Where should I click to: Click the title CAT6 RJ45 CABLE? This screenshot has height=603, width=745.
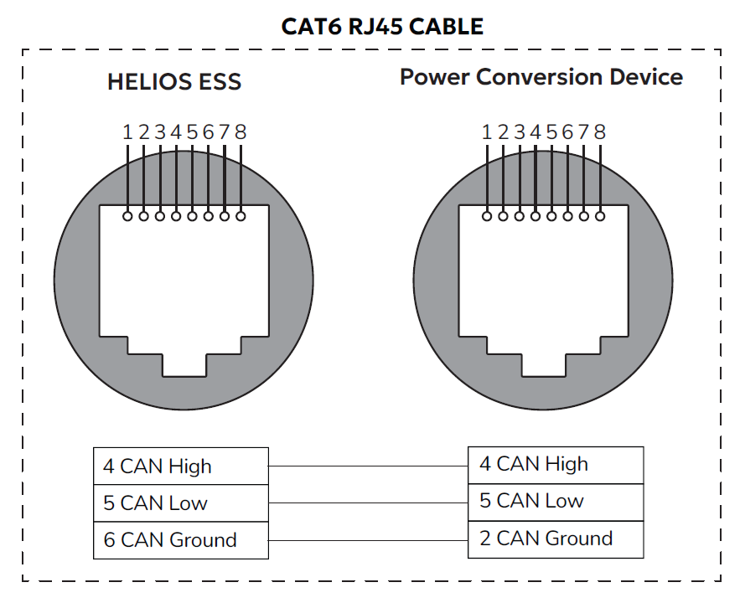coord(383,27)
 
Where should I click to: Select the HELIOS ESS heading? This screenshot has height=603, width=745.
coord(174,82)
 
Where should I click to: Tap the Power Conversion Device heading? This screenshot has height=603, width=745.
coord(541,77)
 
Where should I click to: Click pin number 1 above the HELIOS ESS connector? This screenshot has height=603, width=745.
coord(127,131)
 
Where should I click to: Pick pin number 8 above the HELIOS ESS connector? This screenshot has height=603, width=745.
coord(241,131)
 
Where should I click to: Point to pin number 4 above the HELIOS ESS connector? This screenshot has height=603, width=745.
coord(176,131)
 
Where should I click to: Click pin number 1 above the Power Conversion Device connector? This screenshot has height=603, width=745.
coord(487,131)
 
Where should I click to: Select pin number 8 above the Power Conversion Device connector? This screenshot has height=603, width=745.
coord(599,131)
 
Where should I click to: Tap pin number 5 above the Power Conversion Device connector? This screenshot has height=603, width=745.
coord(551,131)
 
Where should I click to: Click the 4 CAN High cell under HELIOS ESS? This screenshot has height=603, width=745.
coord(180,466)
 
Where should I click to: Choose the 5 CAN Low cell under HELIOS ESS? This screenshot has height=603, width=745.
coord(180,502)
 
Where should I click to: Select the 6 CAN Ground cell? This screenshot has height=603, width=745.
coord(180,540)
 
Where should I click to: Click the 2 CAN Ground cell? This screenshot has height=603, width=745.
coord(556,539)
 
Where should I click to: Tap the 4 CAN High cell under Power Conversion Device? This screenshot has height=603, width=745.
coord(556,464)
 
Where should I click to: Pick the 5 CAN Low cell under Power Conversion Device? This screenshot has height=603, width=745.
coord(556,501)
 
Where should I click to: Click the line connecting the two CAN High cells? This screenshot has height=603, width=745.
coord(369,465)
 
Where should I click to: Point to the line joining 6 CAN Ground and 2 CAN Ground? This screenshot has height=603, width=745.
coord(369,539)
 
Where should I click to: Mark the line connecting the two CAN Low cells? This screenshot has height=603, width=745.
coord(369,502)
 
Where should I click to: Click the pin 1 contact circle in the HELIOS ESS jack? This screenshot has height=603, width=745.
coord(127,216)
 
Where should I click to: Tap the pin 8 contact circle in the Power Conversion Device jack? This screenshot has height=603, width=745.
coord(599,216)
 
